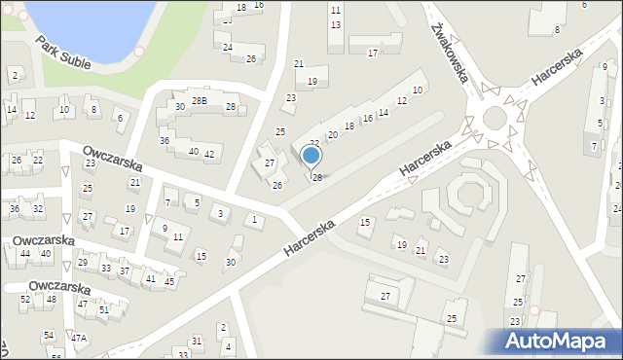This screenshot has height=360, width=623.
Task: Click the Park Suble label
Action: (x=63, y=53)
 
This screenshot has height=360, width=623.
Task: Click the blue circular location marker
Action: (x=311, y=155)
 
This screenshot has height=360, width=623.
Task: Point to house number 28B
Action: (x=199, y=100)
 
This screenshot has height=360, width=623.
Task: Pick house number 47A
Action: (x=79, y=338)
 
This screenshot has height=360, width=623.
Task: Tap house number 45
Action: (x=169, y=282)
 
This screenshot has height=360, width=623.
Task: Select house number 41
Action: (x=150, y=278)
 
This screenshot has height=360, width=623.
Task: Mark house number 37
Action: (x=125, y=270)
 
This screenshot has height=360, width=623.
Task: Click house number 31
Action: (x=197, y=341)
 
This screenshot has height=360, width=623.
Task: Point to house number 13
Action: (x=336, y=24)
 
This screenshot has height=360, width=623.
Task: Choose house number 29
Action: (x=83, y=263)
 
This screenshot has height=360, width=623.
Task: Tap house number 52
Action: (x=25, y=299)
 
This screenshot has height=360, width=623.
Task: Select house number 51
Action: (x=104, y=309)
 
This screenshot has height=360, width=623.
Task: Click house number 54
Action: (x=49, y=335)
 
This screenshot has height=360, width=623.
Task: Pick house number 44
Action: (x=25, y=253)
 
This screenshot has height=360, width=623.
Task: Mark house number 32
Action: (x=38, y=209)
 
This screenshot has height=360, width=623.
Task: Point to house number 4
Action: (x=228, y=346)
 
